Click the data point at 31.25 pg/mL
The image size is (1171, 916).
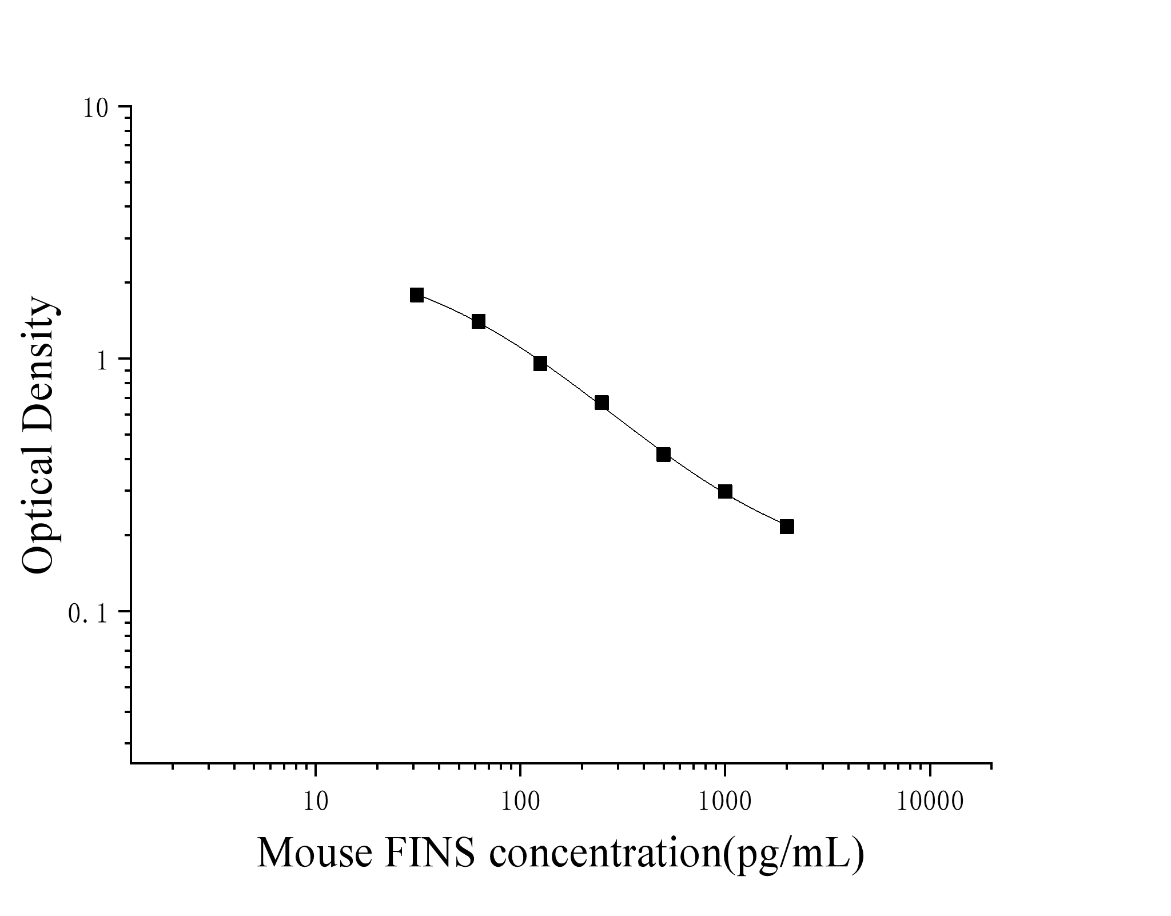click(417, 295)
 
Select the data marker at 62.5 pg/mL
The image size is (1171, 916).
click(479, 321)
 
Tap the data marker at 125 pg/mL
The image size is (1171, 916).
click(540, 364)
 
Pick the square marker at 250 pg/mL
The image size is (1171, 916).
click(602, 403)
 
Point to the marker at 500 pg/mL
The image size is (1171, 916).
click(663, 455)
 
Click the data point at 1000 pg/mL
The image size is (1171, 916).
click(725, 492)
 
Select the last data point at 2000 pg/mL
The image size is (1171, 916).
click(787, 527)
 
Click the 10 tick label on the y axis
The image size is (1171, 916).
click(95, 107)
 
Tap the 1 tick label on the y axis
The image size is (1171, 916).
click(103, 360)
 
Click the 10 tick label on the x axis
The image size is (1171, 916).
click(315, 802)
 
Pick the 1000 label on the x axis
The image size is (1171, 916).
click(725, 802)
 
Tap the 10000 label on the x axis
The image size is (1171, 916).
click(930, 802)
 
